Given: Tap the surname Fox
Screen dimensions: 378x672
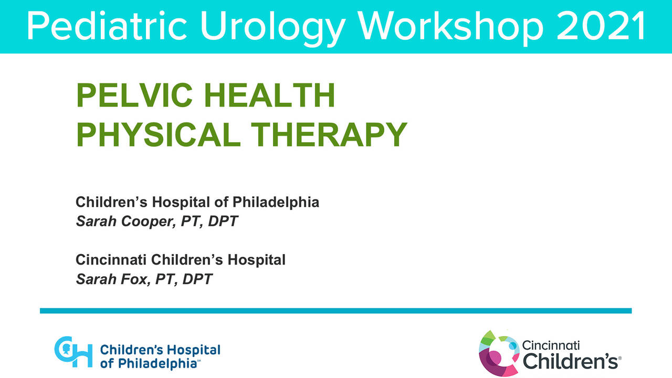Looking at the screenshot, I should tap(130, 279).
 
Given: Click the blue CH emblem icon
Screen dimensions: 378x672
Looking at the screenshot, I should tap(73, 352).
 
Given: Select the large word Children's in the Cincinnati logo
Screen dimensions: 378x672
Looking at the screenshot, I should tap(571, 362).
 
